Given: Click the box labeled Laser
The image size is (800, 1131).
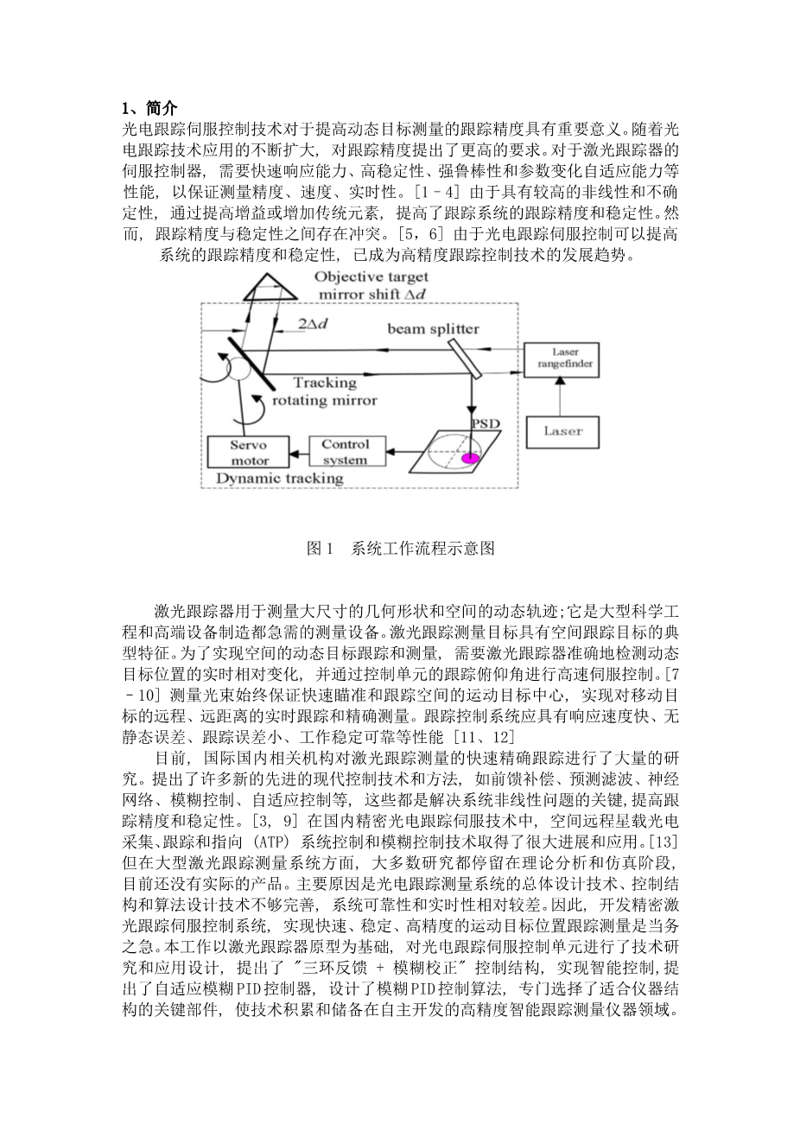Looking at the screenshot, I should [x=562, y=429].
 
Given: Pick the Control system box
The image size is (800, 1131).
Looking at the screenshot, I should [x=345, y=451].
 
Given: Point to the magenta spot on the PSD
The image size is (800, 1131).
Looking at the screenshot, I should [x=469, y=458].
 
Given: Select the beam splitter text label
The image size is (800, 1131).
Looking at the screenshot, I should [x=432, y=328].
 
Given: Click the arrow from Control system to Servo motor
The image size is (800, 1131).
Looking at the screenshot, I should [x=295, y=451].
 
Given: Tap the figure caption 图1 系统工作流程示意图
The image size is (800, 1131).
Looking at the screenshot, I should [x=400, y=548].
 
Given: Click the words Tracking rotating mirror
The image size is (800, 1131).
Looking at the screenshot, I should [x=324, y=391].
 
